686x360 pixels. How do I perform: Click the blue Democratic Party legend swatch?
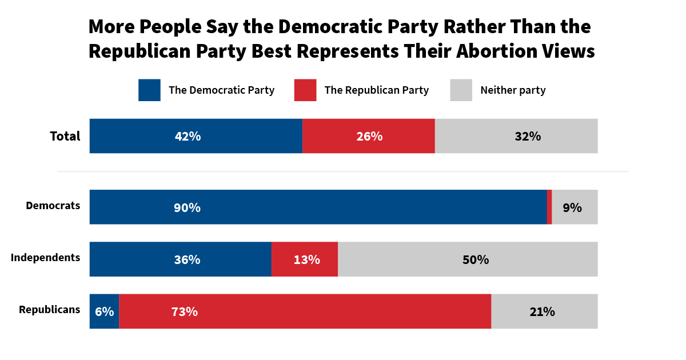pyautogui.click(x=149, y=90)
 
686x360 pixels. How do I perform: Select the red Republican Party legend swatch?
pyautogui.click(x=305, y=90)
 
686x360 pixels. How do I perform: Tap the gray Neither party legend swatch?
pyautogui.click(x=461, y=90)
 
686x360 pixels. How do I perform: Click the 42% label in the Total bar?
pyautogui.click(x=188, y=137)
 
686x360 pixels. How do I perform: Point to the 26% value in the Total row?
pyautogui.click(x=369, y=137)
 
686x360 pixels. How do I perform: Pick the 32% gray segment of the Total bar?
pyautogui.click(x=516, y=137)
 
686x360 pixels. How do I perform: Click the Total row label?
pyautogui.click(x=65, y=137)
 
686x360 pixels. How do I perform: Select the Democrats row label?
pyautogui.click(x=53, y=206)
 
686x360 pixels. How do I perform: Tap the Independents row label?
pyautogui.click(x=45, y=258)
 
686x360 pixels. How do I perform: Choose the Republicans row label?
pyautogui.click(x=49, y=310)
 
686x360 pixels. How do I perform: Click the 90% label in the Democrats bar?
pyautogui.click(x=187, y=207)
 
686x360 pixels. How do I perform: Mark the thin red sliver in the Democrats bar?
pyautogui.click(x=549, y=207)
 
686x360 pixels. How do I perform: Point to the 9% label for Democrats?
pyautogui.click(x=572, y=207)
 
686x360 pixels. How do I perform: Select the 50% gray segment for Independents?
pyautogui.click(x=468, y=259)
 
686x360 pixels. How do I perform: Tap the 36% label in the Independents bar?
pyautogui.click(x=187, y=259)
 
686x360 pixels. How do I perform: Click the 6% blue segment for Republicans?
pyautogui.click(x=104, y=311)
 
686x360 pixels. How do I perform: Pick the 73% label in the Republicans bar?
pyautogui.click(x=184, y=311)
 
